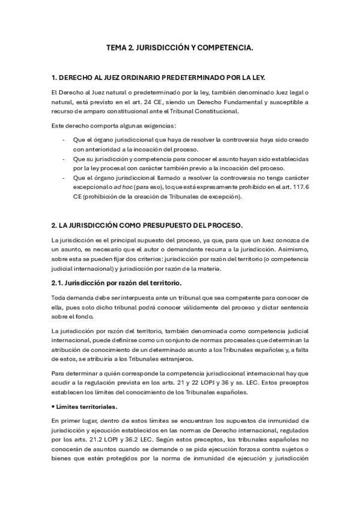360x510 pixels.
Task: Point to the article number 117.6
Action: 301,187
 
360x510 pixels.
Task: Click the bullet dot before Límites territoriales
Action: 52,407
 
